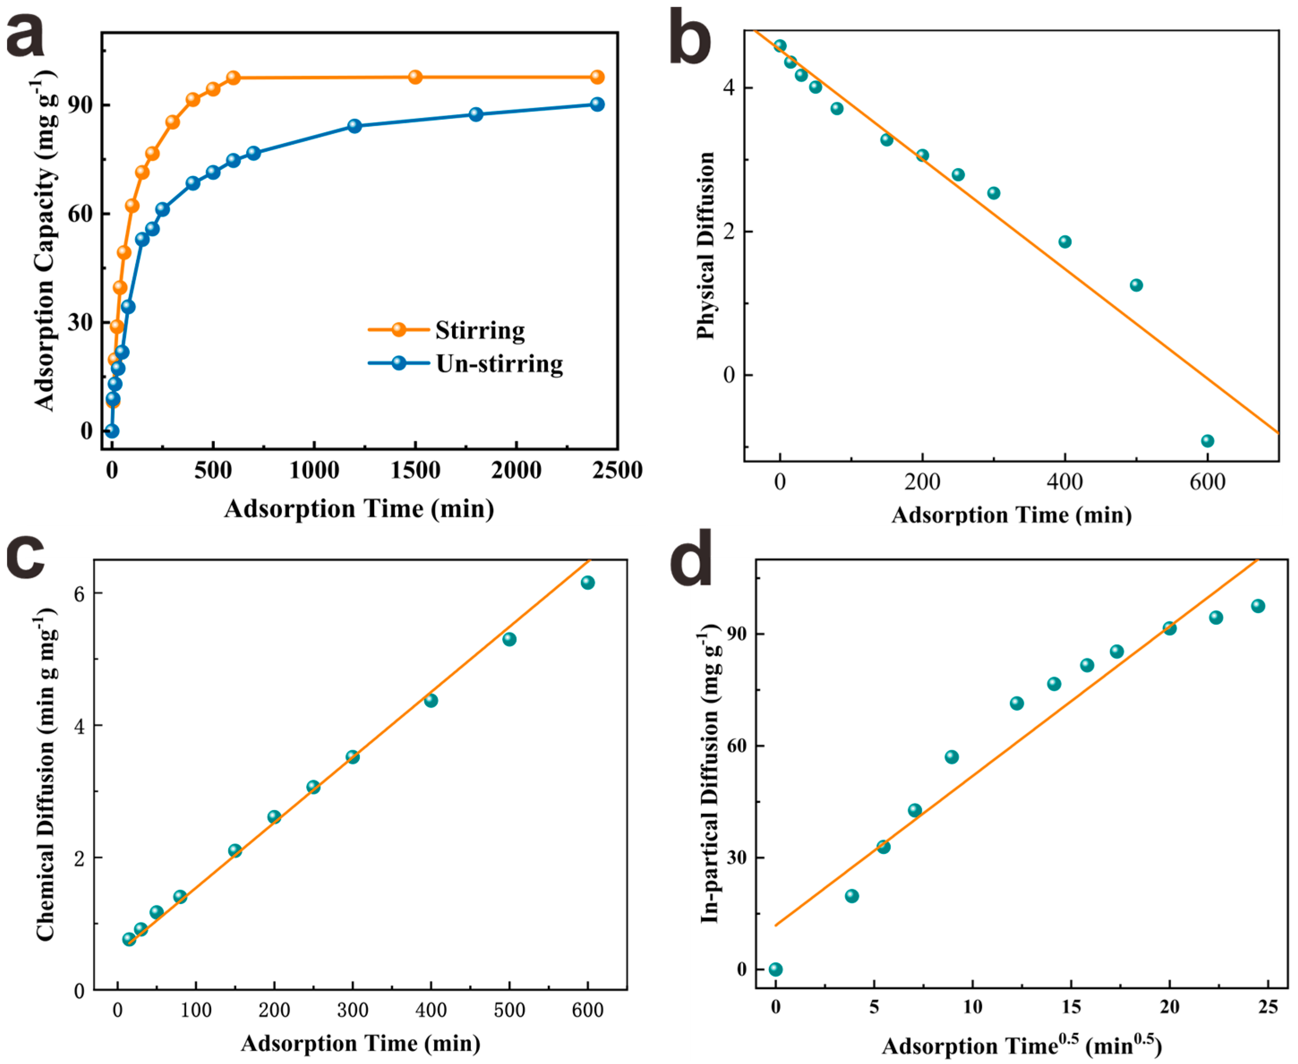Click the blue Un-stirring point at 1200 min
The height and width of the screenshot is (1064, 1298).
[354, 126]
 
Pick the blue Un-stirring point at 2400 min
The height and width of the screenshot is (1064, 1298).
[597, 104]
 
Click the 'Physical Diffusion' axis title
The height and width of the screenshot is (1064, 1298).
[706, 245]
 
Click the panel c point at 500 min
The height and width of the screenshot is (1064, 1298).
[509, 640]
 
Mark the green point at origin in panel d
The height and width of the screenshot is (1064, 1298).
[775, 970]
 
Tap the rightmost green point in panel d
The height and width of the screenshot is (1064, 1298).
[1258, 606]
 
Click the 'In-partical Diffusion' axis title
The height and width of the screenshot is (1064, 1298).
[711, 775]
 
